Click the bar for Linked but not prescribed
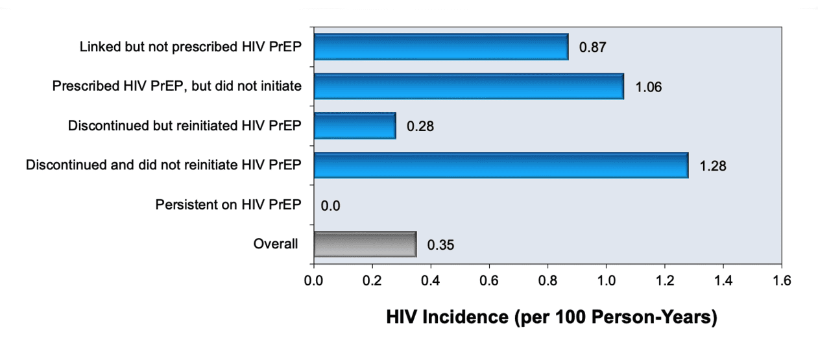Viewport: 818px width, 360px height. pos(440,47)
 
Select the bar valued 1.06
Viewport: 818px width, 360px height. pos(468,86)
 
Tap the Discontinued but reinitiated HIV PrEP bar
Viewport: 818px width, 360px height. pos(354,126)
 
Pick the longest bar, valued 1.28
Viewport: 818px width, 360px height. pos(500,165)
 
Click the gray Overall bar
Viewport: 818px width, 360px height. pos(365,244)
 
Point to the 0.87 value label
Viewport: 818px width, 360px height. pos(592,48)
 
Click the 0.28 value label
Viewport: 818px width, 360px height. pos(420,126)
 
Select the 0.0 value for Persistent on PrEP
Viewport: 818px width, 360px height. pos(330,206)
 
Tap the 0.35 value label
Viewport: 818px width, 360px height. pos(440,245)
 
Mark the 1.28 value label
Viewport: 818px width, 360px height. pos(712,166)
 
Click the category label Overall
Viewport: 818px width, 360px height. pos(276,244)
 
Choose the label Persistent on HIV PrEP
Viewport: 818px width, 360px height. pos(228,205)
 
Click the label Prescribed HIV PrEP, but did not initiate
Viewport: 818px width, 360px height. pos(176,86)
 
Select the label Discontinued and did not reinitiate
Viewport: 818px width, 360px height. pos(163,165)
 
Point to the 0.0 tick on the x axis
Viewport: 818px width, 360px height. pos(314,281)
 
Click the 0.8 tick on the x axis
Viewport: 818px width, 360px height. pos(547,281)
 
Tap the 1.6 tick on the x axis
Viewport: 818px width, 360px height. pos(782,281)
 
